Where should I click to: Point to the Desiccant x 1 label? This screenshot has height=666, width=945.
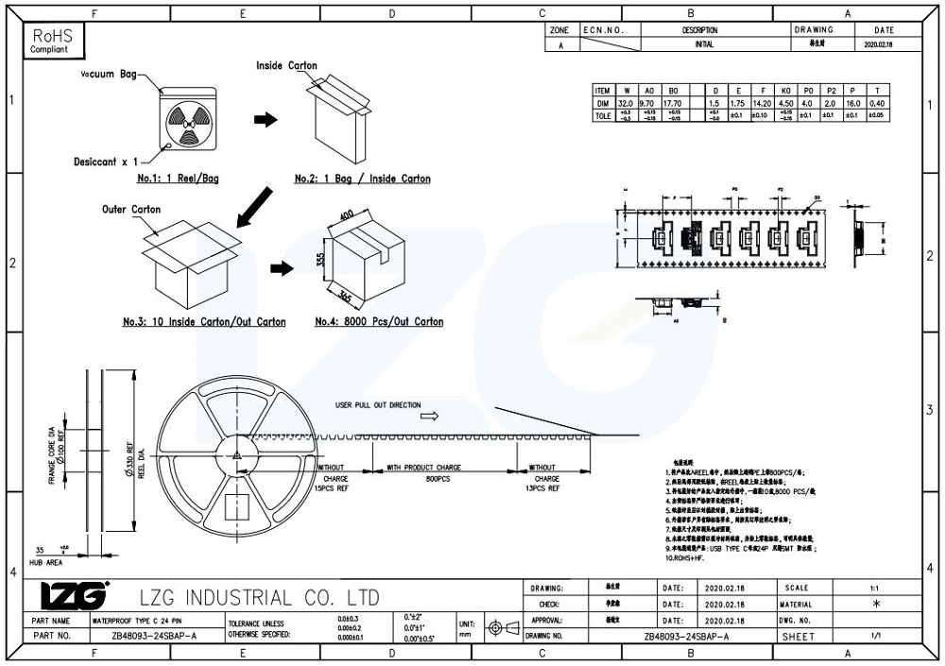click(106, 162)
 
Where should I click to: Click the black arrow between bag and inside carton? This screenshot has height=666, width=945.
click(267, 120)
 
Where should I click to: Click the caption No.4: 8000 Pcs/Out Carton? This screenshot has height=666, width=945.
click(379, 322)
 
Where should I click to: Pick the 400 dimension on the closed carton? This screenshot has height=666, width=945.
click(345, 216)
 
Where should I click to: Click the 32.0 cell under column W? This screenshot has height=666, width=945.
click(625, 103)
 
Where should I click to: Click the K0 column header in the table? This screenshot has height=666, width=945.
click(784, 91)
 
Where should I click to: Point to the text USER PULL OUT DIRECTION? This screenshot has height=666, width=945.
click(378, 405)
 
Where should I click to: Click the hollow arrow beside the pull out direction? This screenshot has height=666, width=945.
click(430, 415)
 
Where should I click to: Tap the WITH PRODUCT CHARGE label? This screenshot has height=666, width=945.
click(423, 468)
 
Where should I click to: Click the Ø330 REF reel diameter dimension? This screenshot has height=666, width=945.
click(129, 462)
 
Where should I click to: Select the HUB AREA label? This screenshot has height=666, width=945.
click(44, 562)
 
